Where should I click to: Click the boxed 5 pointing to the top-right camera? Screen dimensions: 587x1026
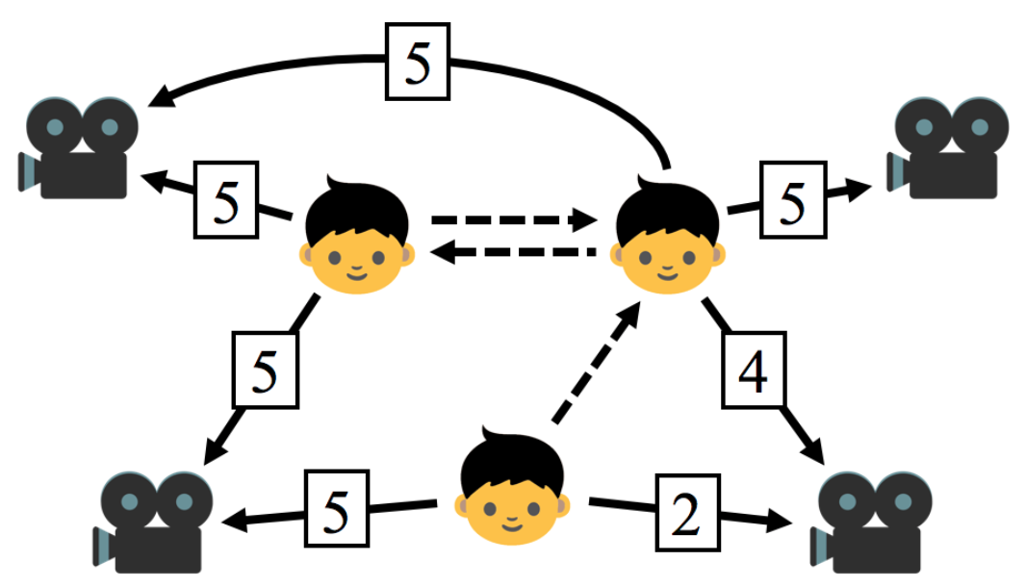(x=792, y=200)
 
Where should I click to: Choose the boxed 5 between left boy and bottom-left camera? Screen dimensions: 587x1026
(x=265, y=370)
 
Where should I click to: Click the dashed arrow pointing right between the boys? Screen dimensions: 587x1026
(x=510, y=220)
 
